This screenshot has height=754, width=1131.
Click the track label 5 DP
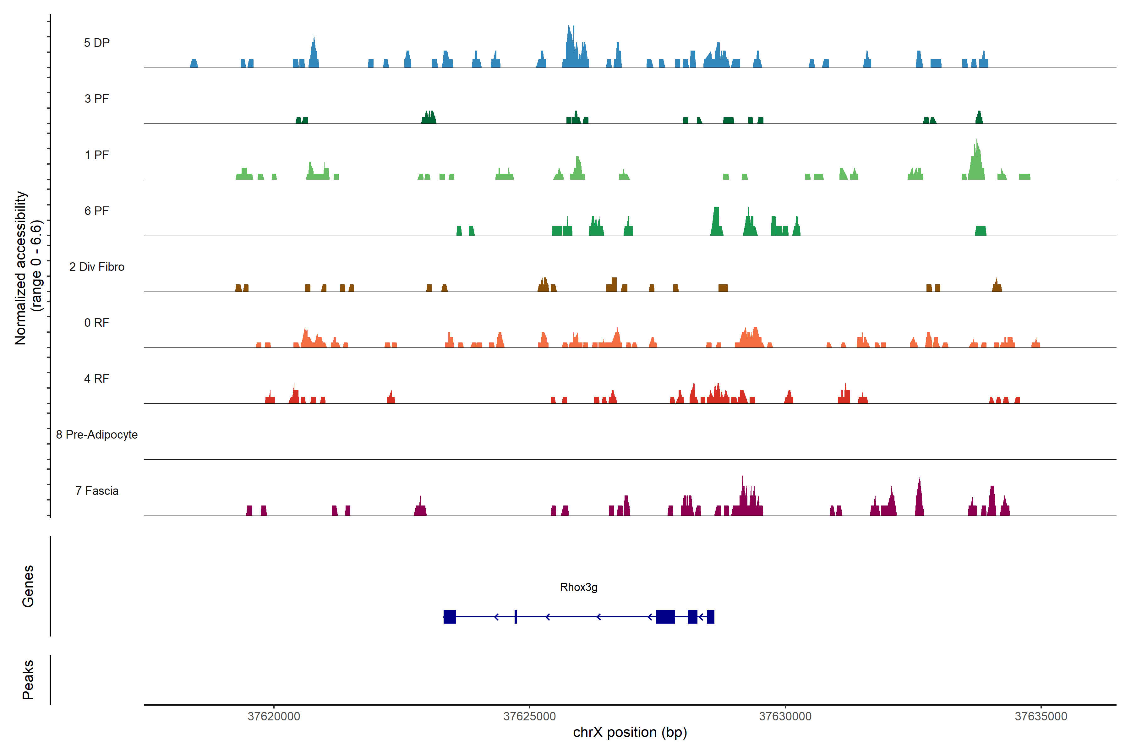pyautogui.click(x=97, y=43)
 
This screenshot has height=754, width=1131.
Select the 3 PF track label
pyautogui.click(x=97, y=99)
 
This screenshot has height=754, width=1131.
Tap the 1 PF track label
pyautogui.click(x=97, y=155)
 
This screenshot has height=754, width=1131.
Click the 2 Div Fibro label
pyautogui.click(x=97, y=267)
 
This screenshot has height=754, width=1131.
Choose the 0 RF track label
pyautogui.click(x=97, y=323)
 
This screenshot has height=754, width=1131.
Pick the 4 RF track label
pyautogui.click(x=97, y=379)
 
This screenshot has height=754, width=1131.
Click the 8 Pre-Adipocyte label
pyautogui.click(x=97, y=435)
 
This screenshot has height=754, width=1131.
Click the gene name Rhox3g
pyautogui.click(x=578, y=587)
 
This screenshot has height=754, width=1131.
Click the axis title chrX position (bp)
pyautogui.click(x=630, y=732)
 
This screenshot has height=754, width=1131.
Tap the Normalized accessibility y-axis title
pyautogui.click(x=28, y=268)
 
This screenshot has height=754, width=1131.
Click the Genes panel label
pyautogui.click(x=28, y=586)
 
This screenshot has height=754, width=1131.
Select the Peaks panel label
pyautogui.click(x=28, y=680)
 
